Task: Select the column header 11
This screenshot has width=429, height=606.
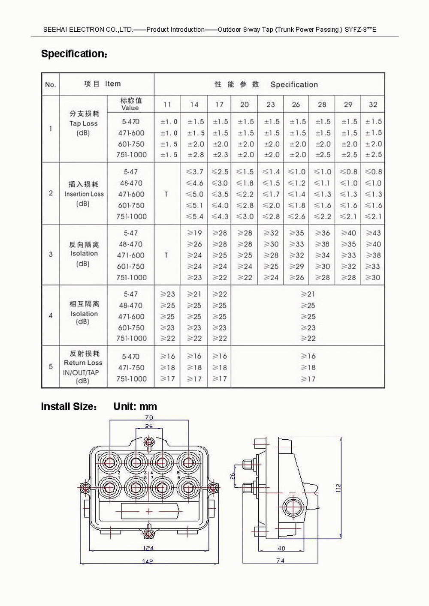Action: (167, 105)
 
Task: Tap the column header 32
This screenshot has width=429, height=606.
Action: (373, 105)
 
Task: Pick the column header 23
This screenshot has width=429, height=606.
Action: (270, 105)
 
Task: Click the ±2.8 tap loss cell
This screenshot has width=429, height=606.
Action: (195, 155)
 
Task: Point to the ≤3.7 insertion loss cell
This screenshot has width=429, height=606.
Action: (194, 172)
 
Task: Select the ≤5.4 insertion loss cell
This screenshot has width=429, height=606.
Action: (194, 217)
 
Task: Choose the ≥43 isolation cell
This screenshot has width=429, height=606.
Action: (373, 233)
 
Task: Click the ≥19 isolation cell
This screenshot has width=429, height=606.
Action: (194, 233)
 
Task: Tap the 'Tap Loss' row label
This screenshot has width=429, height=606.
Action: (84, 124)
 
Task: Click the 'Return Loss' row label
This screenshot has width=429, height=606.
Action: (83, 363)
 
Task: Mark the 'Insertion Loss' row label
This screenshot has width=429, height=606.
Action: (84, 194)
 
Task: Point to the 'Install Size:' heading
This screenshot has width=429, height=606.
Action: (69, 407)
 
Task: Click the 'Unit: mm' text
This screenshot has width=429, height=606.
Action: (135, 407)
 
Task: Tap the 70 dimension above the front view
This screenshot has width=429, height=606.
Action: (149, 417)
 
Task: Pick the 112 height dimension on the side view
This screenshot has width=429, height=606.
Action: (338, 487)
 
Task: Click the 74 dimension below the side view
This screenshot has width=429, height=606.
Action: (280, 561)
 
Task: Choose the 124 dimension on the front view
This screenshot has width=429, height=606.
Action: (148, 548)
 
